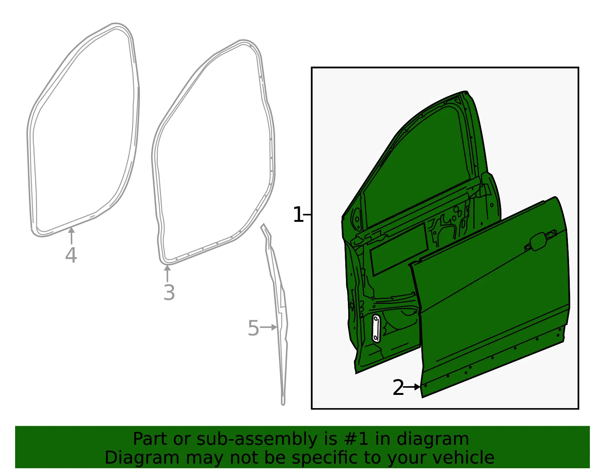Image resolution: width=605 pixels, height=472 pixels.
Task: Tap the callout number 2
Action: (398, 387)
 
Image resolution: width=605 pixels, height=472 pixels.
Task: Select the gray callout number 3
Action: (169, 292)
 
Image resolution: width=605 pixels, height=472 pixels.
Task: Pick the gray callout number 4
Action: (71, 255)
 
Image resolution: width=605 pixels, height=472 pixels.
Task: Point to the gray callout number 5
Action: (253, 328)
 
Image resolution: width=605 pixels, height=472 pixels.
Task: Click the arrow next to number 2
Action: (412, 387)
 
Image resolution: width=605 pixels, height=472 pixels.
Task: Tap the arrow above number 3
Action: (167, 274)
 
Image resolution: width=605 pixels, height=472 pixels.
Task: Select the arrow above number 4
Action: (71, 236)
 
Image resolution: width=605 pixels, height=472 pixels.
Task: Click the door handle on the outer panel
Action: (540, 241)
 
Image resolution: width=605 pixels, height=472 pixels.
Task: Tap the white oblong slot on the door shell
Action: (376, 328)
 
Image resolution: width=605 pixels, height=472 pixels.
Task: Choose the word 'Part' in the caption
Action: (150, 440)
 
